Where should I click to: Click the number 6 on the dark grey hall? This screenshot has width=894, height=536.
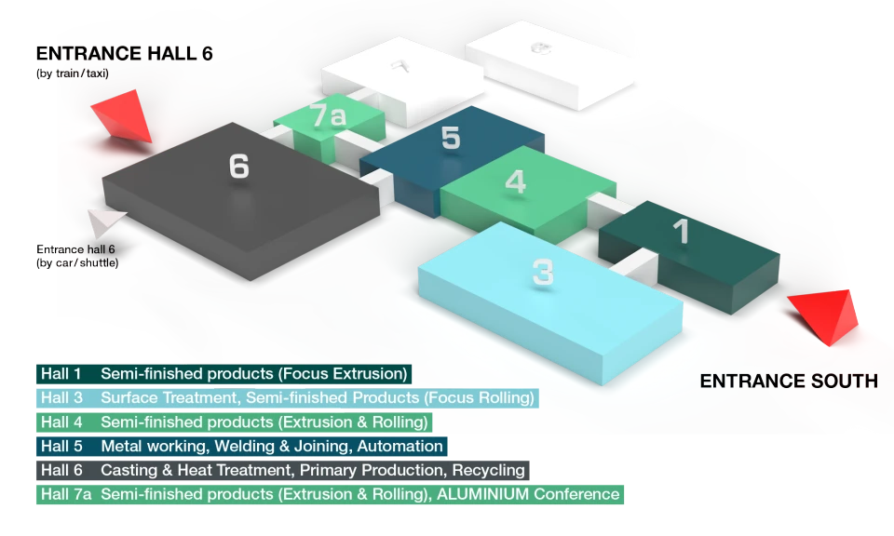click(x=239, y=167)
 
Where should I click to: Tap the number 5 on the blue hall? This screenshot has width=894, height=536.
click(x=451, y=138)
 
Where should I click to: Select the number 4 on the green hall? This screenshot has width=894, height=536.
click(x=515, y=181)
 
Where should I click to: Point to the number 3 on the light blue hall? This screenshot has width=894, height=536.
click(x=543, y=273)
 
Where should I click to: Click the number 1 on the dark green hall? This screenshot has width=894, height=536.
click(x=681, y=232)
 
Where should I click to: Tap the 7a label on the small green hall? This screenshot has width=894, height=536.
click(x=328, y=115)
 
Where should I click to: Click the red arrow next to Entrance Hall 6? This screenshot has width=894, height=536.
click(x=123, y=116)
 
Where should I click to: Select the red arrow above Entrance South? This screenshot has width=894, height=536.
click(x=824, y=316)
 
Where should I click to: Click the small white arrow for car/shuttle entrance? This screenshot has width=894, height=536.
click(x=105, y=222)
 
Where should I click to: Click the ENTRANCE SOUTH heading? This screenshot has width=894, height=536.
click(x=789, y=382)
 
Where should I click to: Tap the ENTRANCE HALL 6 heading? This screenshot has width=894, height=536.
click(x=124, y=54)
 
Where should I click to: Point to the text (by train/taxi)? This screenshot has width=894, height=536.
click(x=73, y=74)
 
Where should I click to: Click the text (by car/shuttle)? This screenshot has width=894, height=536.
click(x=77, y=263)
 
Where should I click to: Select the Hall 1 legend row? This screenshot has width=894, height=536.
click(x=224, y=374)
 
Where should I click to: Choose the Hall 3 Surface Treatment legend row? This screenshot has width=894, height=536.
click(x=288, y=397)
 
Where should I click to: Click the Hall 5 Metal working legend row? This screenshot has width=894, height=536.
click(x=242, y=446)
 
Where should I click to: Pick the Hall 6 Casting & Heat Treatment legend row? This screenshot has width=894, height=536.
click(x=283, y=471)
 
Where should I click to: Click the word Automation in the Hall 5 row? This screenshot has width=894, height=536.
click(x=400, y=446)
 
